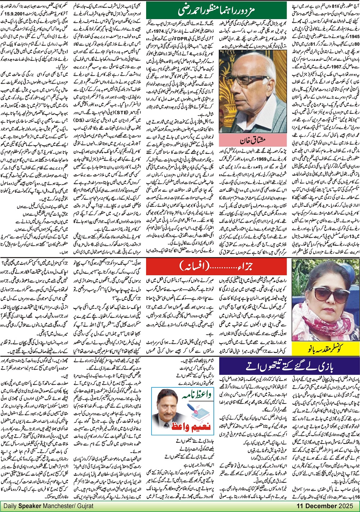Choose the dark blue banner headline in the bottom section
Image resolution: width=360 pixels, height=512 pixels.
(x=289, y=366)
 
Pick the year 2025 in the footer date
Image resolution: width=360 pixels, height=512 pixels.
(x=347, y=506)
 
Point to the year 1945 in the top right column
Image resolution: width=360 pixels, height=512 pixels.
(x=353, y=36)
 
